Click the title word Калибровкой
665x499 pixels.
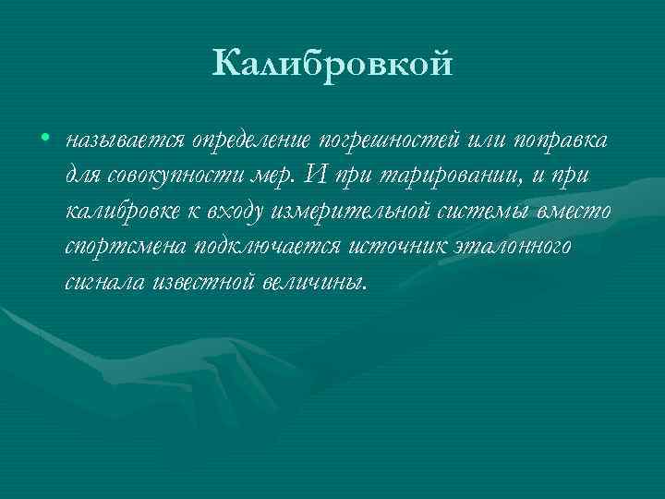332,66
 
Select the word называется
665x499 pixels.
124,140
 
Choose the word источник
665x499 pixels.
402,247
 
